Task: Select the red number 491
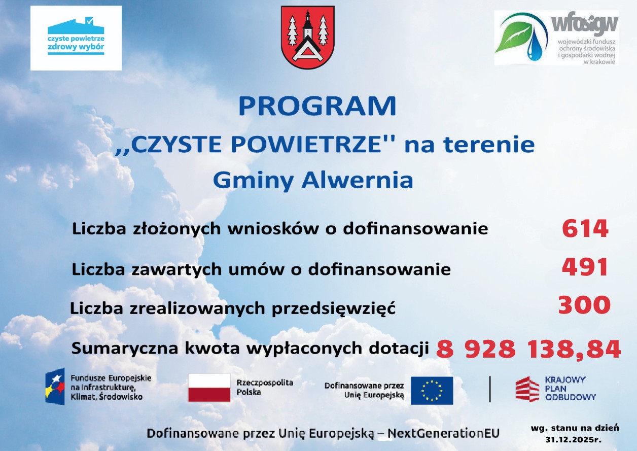click(x=585, y=267)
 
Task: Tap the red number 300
click(x=584, y=305)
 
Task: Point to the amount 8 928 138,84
click(x=528, y=349)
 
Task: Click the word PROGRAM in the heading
click(x=317, y=106)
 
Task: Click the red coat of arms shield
click(x=308, y=37)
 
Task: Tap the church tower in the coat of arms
click(x=307, y=27)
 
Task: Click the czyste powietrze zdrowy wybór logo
click(x=76, y=38)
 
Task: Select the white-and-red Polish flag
click(x=209, y=388)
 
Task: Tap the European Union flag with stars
click(x=432, y=391)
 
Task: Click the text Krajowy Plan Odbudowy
click(x=570, y=389)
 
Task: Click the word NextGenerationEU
click(x=444, y=433)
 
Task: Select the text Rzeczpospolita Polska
click(x=264, y=387)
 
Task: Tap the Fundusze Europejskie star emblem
click(x=55, y=387)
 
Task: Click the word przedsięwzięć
click(x=334, y=309)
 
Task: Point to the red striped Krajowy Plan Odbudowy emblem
click(x=527, y=389)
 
